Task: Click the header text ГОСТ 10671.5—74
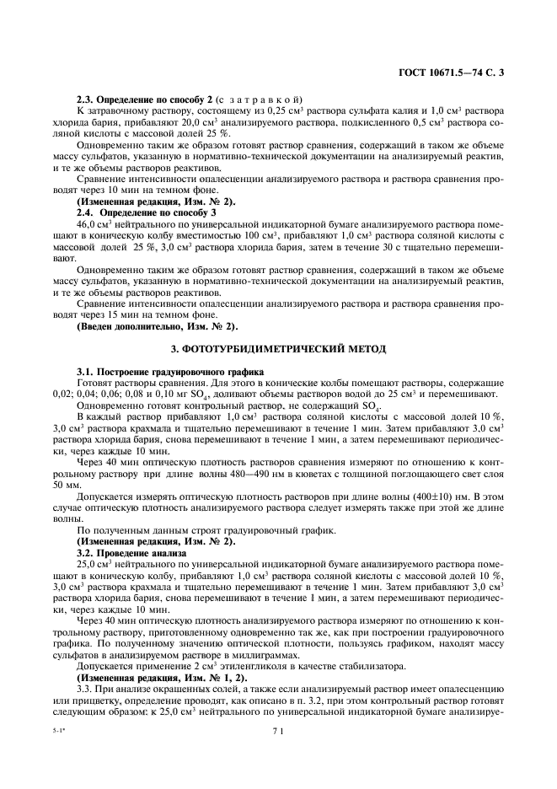(444, 73)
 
